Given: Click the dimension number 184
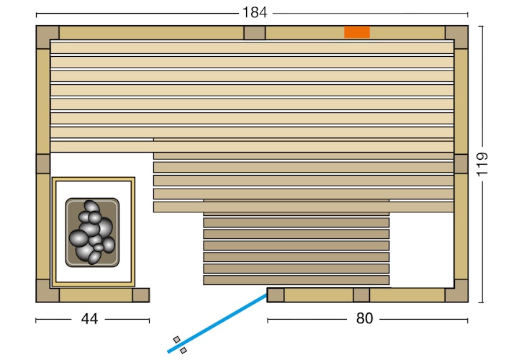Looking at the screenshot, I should (x=255, y=12).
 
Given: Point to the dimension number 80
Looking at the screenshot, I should (x=364, y=318).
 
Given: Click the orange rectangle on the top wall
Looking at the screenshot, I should (x=356, y=32).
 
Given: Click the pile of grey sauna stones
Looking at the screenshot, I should (x=91, y=232).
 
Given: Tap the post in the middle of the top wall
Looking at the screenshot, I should (x=254, y=33).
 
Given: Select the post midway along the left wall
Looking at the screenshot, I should (x=43, y=163).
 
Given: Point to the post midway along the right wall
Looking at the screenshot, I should (x=461, y=163).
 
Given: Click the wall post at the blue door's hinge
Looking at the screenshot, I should (x=276, y=294).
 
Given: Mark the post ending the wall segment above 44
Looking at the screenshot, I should (x=141, y=294).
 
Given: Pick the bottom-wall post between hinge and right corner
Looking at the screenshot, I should (x=361, y=294).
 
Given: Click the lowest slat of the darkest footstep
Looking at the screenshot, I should (x=296, y=280).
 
